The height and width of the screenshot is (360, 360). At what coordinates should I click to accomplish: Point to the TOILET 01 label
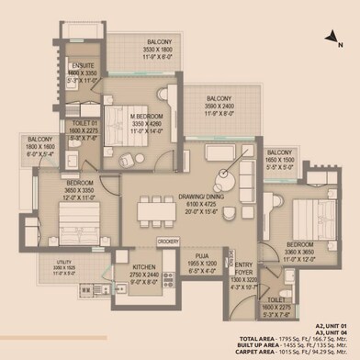(x=84, y=130)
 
